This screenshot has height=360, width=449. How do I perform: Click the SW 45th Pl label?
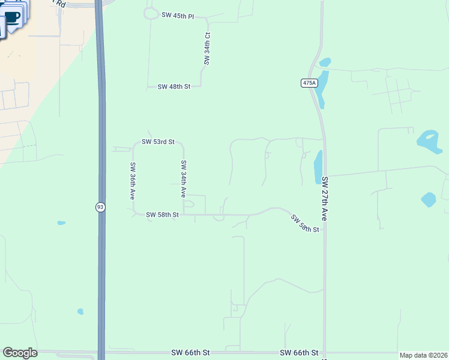click(178, 16)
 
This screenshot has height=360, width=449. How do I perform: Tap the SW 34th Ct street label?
click(207, 49)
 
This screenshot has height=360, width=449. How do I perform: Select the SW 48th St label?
click(173, 87)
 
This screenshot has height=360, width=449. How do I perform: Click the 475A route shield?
click(309, 83)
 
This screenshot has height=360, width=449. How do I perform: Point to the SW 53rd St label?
click(158, 142)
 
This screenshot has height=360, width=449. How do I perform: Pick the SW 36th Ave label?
click(133, 181)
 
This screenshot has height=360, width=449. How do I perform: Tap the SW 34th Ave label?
click(184, 179)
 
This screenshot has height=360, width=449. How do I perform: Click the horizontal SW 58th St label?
click(162, 214)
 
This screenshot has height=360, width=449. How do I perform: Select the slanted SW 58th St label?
click(305, 224)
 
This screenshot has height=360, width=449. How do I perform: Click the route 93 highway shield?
click(100, 207)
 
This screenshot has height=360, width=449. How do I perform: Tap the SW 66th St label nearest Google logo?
click(190, 352)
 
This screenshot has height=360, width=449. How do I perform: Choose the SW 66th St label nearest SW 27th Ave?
click(299, 352)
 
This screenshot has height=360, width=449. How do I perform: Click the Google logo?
click(20, 353)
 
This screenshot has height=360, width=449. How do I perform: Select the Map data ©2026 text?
click(423, 355)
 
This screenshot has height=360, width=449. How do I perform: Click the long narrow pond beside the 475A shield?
click(322, 88)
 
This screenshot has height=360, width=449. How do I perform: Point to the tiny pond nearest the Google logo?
click(80, 311)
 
